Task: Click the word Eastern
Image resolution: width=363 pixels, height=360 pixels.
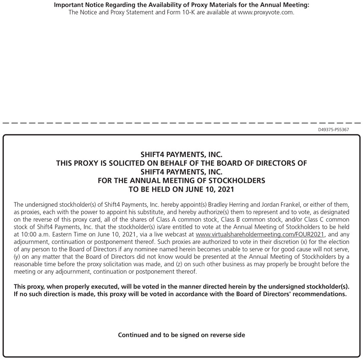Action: click(59, 234)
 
